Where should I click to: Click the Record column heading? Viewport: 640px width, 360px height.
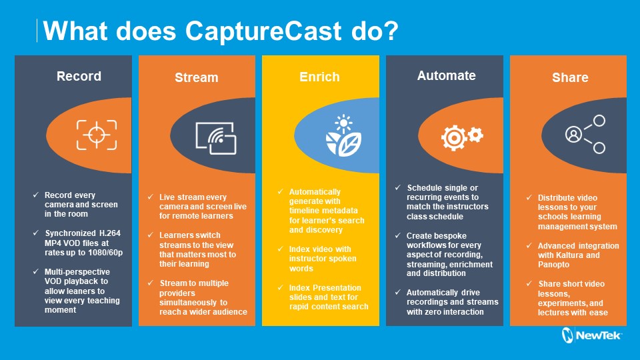[79, 76]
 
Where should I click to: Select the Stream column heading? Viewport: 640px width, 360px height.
[196, 77]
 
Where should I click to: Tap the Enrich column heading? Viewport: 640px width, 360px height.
[319, 77]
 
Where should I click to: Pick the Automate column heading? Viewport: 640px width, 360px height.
[446, 75]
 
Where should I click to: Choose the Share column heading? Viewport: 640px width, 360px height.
[570, 77]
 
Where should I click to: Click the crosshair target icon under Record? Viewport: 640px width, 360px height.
[96, 135]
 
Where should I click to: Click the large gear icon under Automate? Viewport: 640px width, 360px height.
[454, 137]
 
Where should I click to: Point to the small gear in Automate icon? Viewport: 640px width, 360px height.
[475, 135]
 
